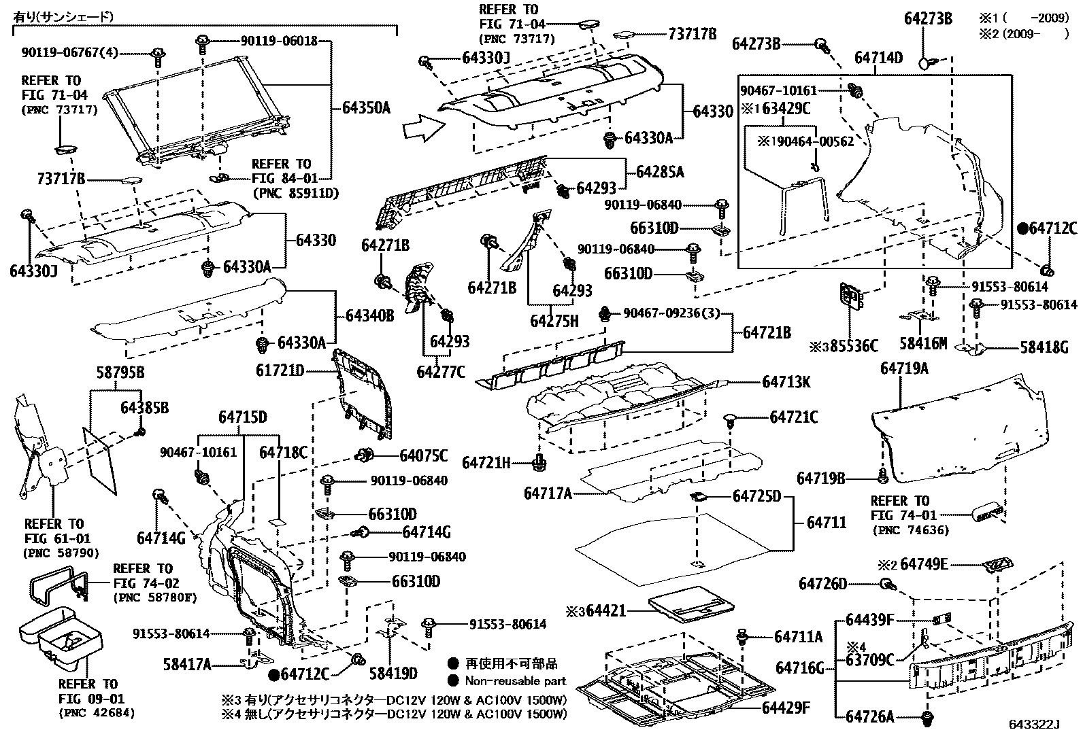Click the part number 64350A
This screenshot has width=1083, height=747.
pos(365,108)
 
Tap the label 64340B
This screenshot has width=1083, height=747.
pos(369,315)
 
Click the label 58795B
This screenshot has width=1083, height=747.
pos(119,373)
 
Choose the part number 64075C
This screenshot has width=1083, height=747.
pos(423,455)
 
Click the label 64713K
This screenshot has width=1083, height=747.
pos(786,382)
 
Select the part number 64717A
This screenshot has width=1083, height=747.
pos(548,493)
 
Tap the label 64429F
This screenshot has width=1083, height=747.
pos(786,708)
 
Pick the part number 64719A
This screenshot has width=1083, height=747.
pos(904,368)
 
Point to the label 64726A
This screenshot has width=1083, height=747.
pos(870,716)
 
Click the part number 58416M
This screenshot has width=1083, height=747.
pos(922,345)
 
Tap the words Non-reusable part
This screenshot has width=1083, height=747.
pos(515,680)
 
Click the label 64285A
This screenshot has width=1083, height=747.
pos(660,172)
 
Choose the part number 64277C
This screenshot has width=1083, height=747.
pos(441,372)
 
